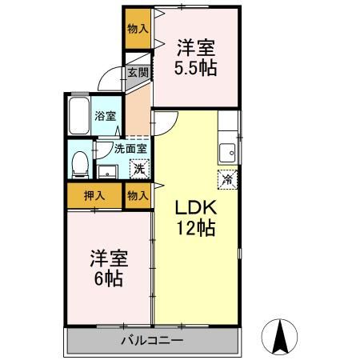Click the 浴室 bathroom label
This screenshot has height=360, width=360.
point(105,115)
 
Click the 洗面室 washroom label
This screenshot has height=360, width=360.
point(129,148)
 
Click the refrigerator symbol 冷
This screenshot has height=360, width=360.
point(227,179)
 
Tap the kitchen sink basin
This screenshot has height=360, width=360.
point(228,150)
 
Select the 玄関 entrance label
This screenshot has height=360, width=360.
point(137,73)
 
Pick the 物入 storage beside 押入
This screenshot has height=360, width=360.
point(137,194)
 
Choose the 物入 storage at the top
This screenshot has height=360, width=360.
point(137,28)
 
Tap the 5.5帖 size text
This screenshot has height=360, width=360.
point(196,67)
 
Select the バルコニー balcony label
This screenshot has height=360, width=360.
point(152,341)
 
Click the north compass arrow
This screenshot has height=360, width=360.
point(282,335)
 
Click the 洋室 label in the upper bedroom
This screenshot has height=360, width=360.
point(197,47)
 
